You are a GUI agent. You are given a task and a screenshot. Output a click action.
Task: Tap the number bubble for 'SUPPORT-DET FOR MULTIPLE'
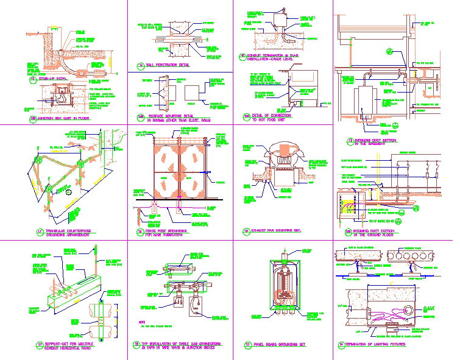[40, 345]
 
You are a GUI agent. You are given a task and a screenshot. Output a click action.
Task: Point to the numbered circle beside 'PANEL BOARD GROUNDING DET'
[248, 345]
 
